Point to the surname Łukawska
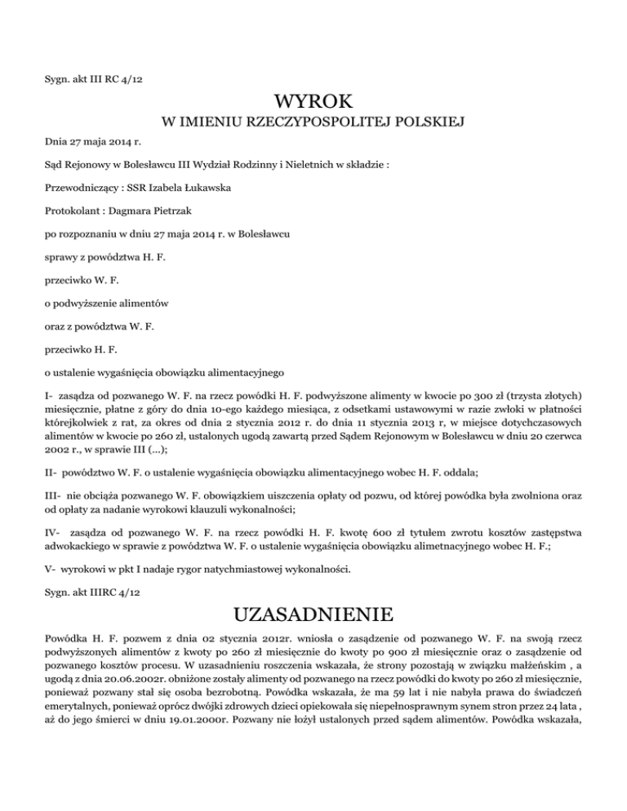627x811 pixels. pos(204,188)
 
